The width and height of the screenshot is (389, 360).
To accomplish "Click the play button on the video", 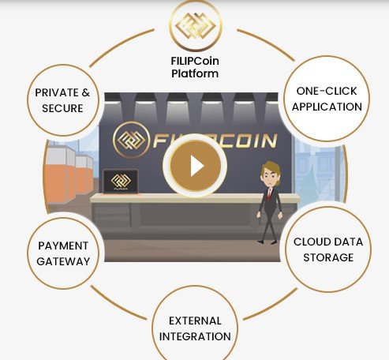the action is coord(195,166).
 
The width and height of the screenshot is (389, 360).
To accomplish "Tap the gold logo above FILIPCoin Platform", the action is coord(196,26).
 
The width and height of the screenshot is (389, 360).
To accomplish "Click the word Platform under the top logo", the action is coord(195,73).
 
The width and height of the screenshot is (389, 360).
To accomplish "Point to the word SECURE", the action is coord(62,108).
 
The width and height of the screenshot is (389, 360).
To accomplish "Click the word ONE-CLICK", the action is coord(327,91).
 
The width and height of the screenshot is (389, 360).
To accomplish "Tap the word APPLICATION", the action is coord(327,107).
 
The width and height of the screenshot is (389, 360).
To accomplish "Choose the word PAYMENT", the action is coord(63,246).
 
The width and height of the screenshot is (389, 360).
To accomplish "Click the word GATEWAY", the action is coord(63,261).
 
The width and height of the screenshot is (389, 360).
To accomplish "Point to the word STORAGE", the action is coord(328,257).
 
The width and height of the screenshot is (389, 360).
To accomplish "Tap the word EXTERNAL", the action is coord(195,321).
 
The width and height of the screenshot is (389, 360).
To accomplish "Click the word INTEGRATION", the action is coord(195,336).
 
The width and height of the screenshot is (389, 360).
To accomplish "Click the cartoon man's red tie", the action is coord(269,194).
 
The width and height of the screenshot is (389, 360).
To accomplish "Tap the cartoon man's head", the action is coord(271,174).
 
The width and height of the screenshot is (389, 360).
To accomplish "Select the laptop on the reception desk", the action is coord(121,182).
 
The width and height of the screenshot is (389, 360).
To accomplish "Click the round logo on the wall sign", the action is coord(131,140).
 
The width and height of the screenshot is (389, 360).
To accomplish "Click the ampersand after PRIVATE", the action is coord(86,92).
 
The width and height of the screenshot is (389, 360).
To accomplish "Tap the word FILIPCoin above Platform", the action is coord(195,61).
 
